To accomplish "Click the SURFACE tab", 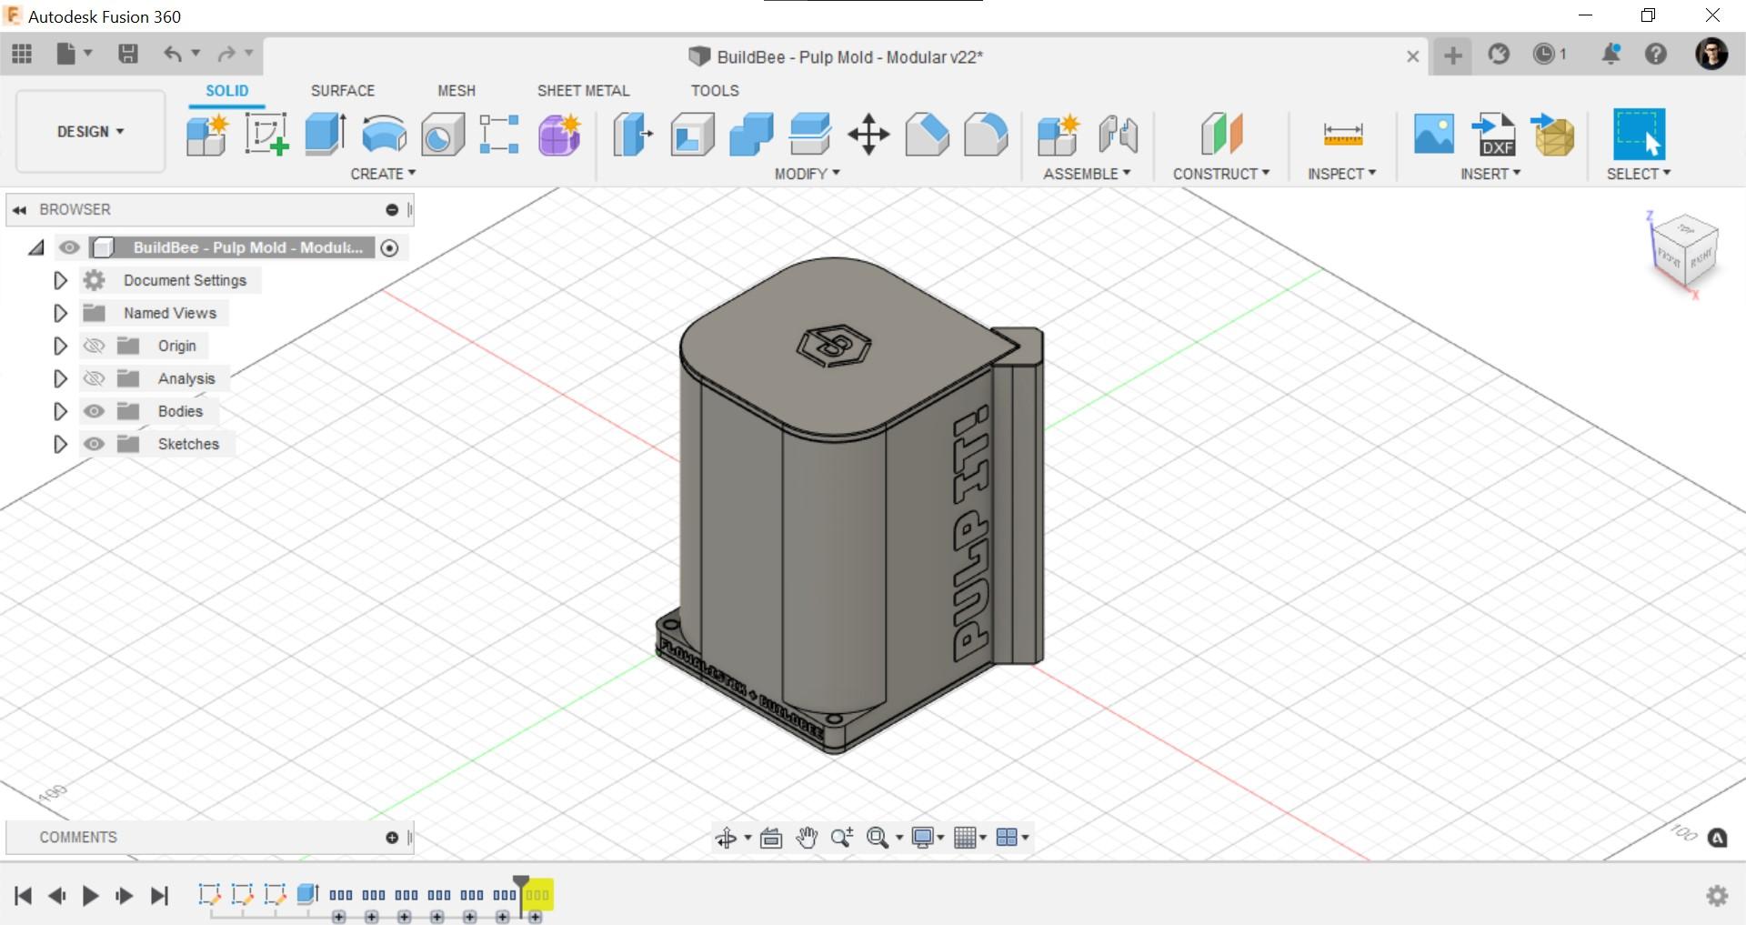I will tap(342, 91).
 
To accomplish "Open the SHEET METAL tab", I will tap(583, 91).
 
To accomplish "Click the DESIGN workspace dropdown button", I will tap(90, 132).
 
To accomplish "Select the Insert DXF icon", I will tap(1495, 135).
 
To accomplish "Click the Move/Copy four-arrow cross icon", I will tap(868, 135).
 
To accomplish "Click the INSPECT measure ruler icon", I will tap(1342, 135).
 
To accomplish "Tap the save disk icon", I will tap(128, 55).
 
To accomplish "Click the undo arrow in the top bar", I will tap(172, 55).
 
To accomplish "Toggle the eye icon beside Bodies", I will tap(94, 411).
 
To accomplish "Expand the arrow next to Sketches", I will tap(60, 444).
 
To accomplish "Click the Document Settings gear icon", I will tap(94, 280).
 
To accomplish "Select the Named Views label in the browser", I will tap(170, 313).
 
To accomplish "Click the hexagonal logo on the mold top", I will tap(833, 346).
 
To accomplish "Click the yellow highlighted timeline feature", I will tap(537, 895).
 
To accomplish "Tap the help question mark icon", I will tap(1655, 55).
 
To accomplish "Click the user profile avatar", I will tap(1711, 55).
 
